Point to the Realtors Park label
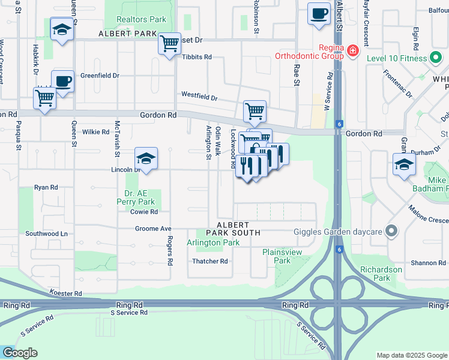[141, 20]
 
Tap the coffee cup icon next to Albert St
[319, 13]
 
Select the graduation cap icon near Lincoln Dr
[146, 158]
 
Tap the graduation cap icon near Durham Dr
[405, 163]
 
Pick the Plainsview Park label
[282, 256]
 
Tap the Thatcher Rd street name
[209, 262]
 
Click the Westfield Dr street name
[199, 97]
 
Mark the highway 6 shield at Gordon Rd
[339, 124]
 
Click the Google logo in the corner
[20, 353]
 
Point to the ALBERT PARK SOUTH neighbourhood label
[234, 228]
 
